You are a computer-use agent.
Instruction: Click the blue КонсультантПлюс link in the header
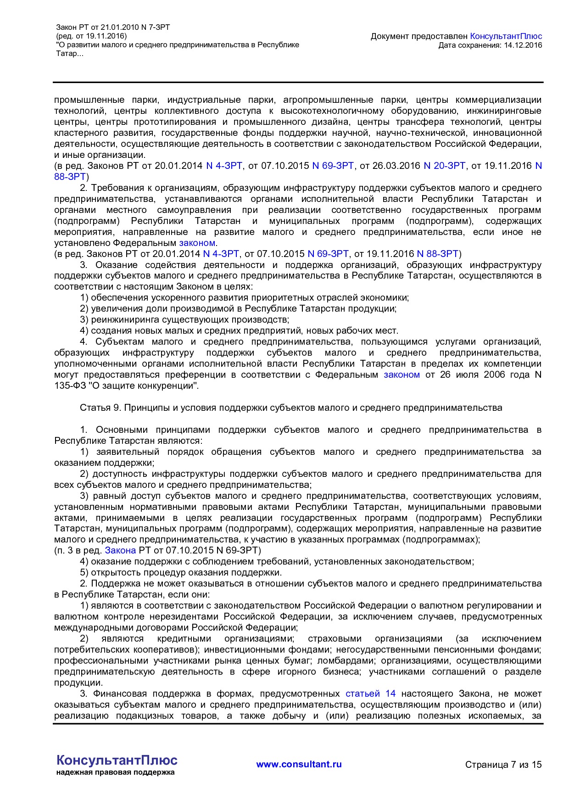[506, 36]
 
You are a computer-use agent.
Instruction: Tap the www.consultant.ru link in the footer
[299, 764]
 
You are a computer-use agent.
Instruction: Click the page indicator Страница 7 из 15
[503, 765]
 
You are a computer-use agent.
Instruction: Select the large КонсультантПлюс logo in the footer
[117, 760]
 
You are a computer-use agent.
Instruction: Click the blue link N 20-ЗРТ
[444, 166]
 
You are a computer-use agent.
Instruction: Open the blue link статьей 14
[370, 693]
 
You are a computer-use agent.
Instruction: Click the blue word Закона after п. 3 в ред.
[120, 550]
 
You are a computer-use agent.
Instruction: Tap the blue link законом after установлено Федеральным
[197, 243]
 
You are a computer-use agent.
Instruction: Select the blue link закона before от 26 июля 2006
[402, 375]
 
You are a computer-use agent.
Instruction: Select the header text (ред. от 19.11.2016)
[91, 36]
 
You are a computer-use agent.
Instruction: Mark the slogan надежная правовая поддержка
[116, 772]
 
